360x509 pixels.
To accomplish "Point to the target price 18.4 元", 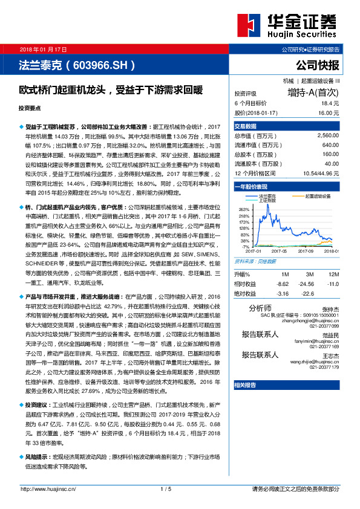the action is pos(329,103).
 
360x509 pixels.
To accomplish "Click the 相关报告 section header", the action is pos(245,384).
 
